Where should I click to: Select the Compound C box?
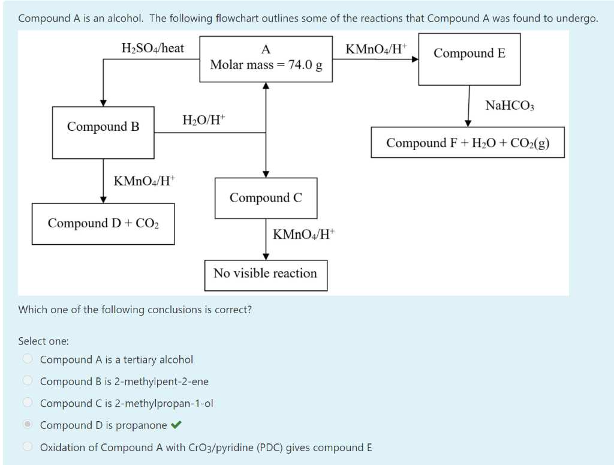266,197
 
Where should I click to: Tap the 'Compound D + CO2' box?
103,223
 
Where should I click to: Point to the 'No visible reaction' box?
266,274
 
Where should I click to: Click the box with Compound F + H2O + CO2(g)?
468,142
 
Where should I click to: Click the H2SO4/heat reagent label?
152,48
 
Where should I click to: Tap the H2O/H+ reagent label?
204,120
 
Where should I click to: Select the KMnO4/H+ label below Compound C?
305,234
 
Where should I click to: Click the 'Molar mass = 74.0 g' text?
266,65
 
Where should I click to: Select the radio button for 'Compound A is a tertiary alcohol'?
28,359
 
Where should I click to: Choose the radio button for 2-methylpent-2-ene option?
28,381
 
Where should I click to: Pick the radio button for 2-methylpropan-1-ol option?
28,403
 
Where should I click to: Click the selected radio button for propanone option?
28,425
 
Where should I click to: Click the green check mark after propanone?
176,425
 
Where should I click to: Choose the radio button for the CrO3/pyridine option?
28,447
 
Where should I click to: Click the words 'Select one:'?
43,341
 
